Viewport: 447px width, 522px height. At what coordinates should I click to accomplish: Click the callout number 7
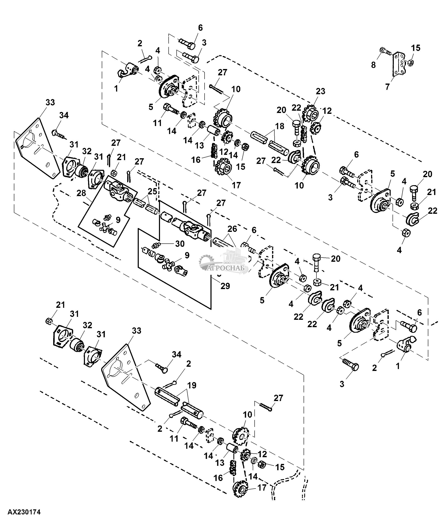[387, 87]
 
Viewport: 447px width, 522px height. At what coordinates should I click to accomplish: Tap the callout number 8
[373, 65]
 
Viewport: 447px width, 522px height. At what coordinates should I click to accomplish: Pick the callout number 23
[320, 91]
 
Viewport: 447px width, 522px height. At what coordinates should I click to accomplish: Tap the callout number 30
[180, 244]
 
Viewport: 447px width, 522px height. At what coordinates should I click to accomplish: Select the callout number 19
[192, 385]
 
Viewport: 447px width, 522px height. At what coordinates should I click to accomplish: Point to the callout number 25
[152, 191]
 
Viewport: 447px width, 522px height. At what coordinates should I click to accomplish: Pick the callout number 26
[232, 229]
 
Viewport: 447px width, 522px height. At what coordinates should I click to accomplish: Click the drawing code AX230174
[24, 512]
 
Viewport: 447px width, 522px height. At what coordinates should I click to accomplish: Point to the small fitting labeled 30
[156, 245]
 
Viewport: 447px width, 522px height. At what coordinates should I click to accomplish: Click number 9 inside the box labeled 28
[118, 220]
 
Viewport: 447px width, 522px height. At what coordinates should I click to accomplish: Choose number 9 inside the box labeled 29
[187, 255]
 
